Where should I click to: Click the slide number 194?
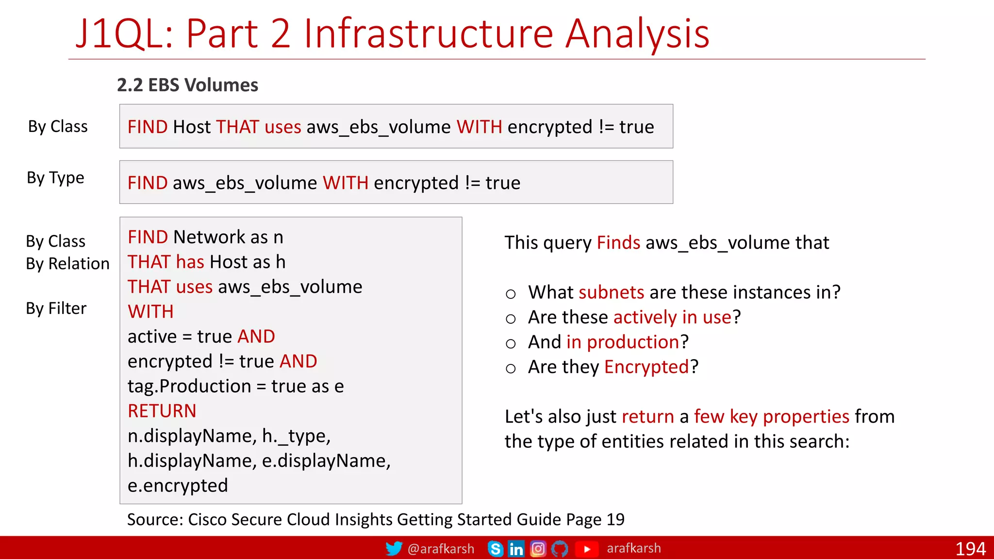(970, 549)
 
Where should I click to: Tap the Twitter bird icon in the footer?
(394, 548)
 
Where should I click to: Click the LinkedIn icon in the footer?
(516, 549)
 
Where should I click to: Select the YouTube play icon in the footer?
(586, 549)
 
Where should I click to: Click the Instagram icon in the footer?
(538, 549)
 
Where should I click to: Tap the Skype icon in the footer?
(495, 549)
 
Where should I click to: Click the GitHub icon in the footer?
(560, 549)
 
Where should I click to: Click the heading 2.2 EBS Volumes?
(187, 85)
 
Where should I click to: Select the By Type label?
(55, 178)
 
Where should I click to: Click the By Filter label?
(56, 308)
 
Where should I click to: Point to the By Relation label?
(67, 263)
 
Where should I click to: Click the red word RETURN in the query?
(162, 411)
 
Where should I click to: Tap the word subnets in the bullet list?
(611, 292)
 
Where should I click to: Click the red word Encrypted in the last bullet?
(646, 367)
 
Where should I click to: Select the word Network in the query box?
(209, 237)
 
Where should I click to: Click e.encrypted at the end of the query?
(178, 485)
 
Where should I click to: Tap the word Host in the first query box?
(192, 127)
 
